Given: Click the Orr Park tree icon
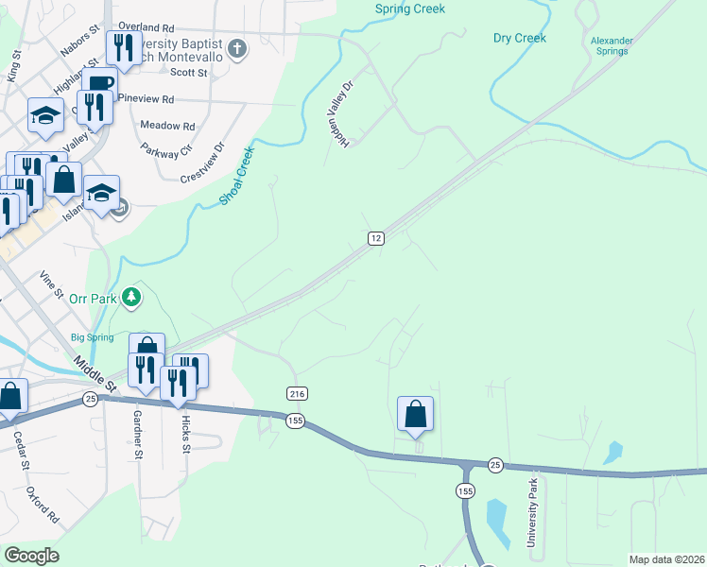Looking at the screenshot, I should click(131, 298).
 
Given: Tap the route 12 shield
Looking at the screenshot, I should click(376, 238).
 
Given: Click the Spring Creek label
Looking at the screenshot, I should click(409, 9).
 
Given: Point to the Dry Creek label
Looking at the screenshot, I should click(520, 38).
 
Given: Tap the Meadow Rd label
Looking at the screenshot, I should click(166, 126).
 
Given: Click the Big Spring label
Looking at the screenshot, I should click(93, 337).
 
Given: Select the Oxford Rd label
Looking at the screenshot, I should click(43, 506).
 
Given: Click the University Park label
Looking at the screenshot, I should click(532, 511).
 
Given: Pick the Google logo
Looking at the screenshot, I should click(31, 556).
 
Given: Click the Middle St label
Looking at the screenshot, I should click(95, 372).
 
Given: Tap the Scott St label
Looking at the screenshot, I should click(189, 72).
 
